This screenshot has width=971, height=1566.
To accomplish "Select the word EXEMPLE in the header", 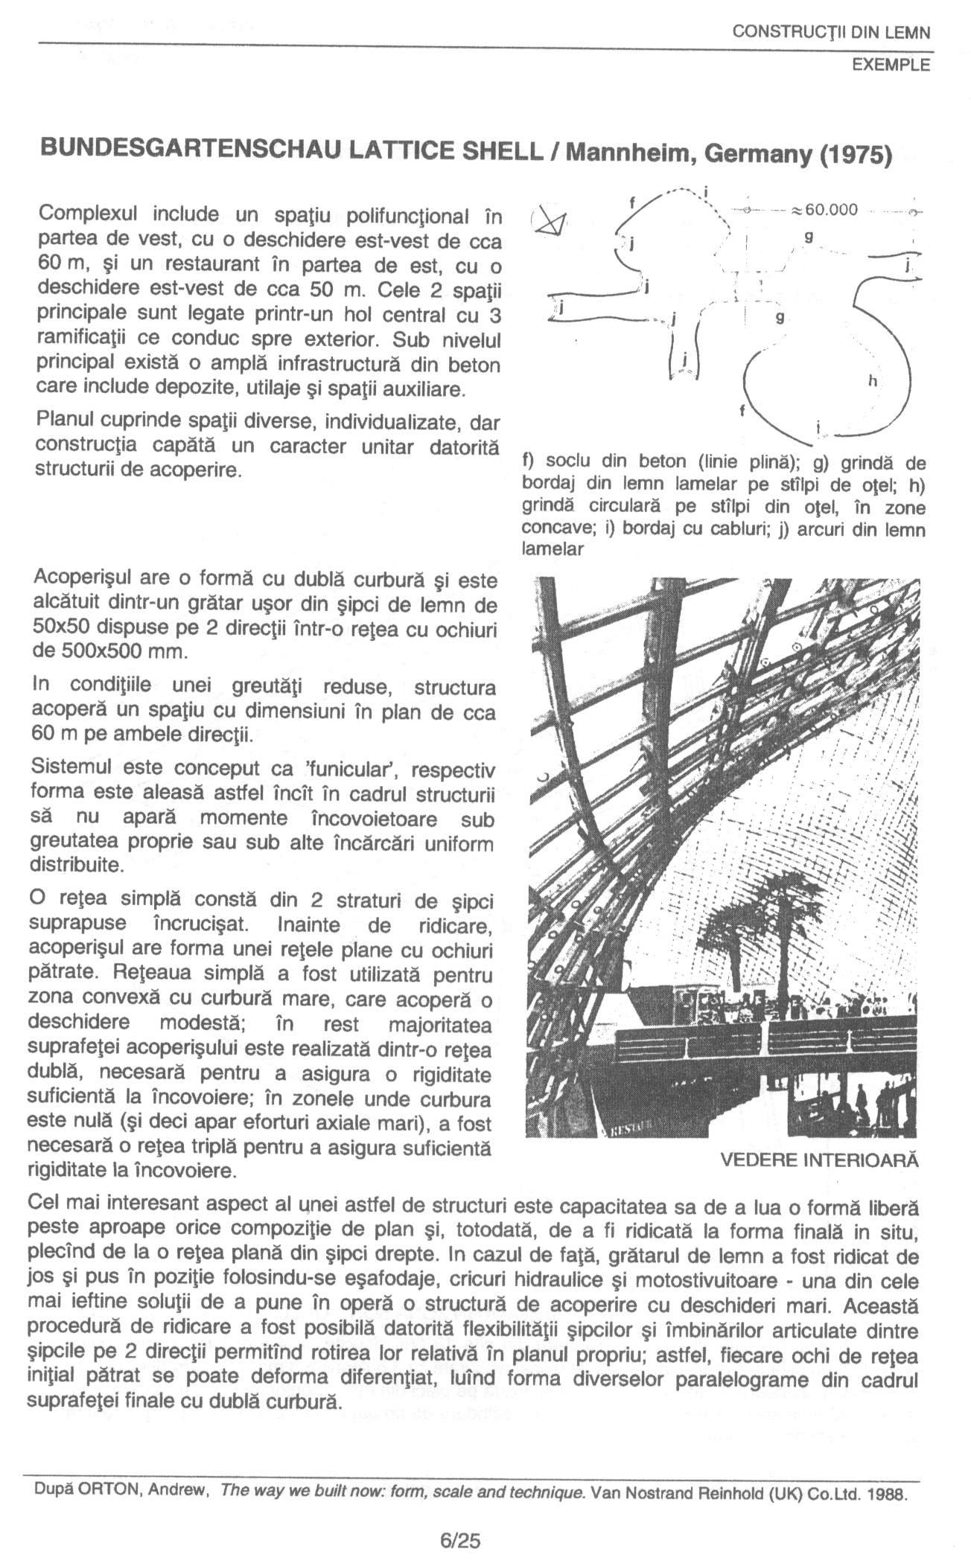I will pyautogui.click(x=891, y=65).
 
